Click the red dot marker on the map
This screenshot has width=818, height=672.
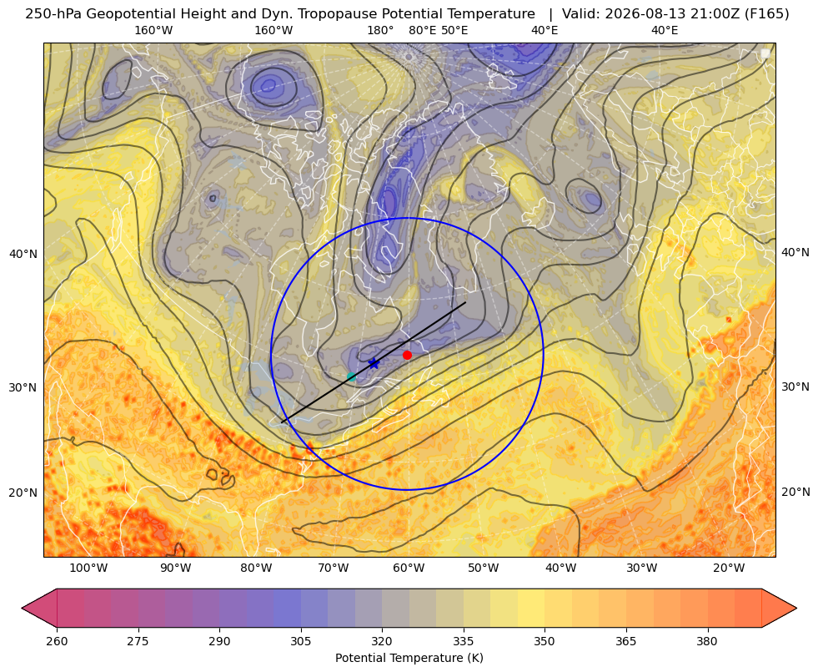click(408, 355)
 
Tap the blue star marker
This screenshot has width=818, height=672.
click(374, 363)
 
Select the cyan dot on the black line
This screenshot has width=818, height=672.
click(352, 376)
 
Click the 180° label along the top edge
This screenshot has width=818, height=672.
click(380, 31)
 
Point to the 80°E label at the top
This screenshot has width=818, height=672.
click(423, 31)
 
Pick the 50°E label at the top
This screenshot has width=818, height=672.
click(454, 31)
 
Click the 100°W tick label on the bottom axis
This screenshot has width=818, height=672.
click(88, 568)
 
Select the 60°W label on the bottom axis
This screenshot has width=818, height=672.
click(409, 568)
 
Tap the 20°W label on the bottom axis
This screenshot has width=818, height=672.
click(729, 568)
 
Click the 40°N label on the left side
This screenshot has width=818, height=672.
click(23, 255)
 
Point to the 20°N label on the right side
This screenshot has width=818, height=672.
click(795, 492)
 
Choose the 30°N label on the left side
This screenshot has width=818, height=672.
click(23, 387)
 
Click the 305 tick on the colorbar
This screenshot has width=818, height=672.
click(300, 641)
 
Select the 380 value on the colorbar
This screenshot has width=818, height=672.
click(707, 641)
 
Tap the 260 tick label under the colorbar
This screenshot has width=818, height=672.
click(57, 641)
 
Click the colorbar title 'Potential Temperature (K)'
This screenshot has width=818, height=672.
click(409, 658)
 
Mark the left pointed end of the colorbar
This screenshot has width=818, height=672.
click(23, 608)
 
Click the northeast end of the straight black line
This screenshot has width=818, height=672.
click(465, 302)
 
